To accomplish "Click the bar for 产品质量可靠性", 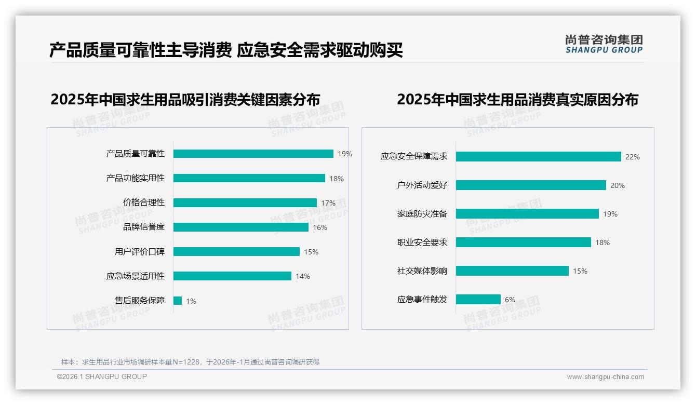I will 253,154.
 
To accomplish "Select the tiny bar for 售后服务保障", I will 178,301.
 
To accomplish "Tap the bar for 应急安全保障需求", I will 538,156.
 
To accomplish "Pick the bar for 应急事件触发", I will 478,300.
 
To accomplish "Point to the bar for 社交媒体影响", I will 512,271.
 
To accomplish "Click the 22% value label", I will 632,157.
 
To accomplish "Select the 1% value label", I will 191,301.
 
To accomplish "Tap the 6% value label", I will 510,300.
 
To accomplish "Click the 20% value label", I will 618,185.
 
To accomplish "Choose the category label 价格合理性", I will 144,203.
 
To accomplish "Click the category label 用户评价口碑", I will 140,252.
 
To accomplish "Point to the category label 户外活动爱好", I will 422,185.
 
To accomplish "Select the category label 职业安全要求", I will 422,242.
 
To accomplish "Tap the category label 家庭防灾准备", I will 422,214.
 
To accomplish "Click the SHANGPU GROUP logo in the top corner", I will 604,44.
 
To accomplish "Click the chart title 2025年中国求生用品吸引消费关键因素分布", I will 185,99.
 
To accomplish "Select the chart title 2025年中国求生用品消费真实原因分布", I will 517,99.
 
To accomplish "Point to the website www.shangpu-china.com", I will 605,377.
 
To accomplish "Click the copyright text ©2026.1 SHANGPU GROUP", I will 102,376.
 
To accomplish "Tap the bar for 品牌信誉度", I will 240,227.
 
